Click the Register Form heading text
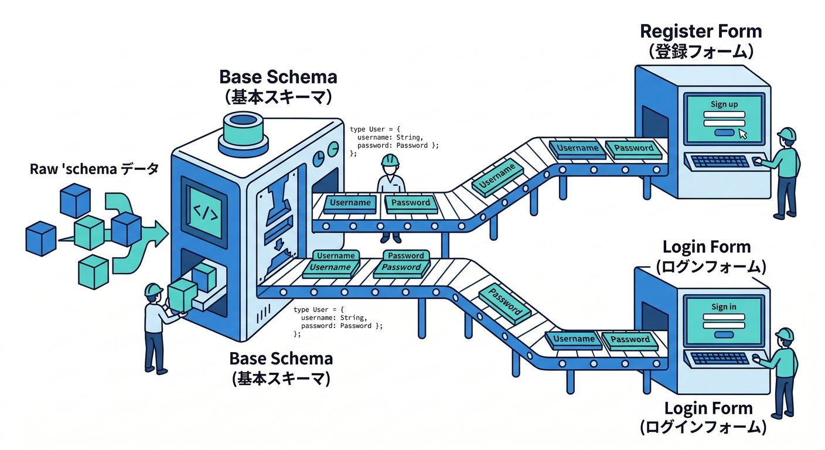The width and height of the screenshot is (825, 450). (700, 31)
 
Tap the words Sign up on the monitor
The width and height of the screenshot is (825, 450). (724, 104)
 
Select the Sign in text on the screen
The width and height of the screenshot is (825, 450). (724, 306)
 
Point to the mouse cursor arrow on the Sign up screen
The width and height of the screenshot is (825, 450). (743, 134)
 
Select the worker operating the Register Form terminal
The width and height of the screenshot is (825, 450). (786, 173)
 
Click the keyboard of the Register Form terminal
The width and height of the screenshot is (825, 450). (720, 162)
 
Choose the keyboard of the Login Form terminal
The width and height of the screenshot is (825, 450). (720, 359)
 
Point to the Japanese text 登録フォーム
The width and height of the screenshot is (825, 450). (700, 51)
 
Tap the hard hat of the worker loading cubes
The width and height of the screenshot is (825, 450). (153, 289)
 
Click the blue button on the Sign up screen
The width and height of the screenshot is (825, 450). (724, 132)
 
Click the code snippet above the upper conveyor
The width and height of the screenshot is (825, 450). (393, 141)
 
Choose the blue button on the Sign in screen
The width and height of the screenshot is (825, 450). (724, 334)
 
